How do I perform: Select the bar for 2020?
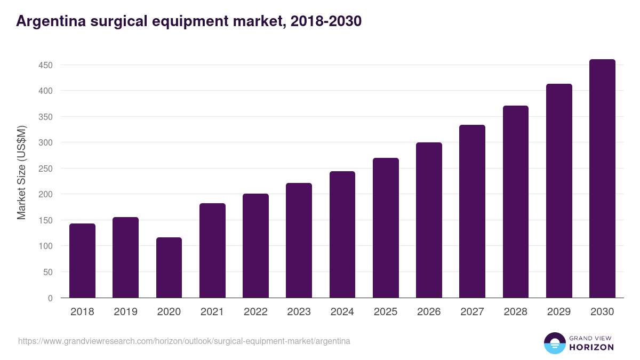169,268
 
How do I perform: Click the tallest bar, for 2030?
602,179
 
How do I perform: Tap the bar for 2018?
82,261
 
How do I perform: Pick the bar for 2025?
386,228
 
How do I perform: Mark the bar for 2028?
516,202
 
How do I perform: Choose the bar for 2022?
255,246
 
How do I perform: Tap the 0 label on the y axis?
50,298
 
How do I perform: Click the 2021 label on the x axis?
212,312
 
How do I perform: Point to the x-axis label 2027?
472,312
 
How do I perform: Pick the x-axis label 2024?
342,312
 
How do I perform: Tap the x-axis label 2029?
559,312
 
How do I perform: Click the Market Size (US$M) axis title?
21,172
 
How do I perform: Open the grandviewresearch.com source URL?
184,341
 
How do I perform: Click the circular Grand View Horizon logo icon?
555,343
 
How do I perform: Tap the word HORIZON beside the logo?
591,347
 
